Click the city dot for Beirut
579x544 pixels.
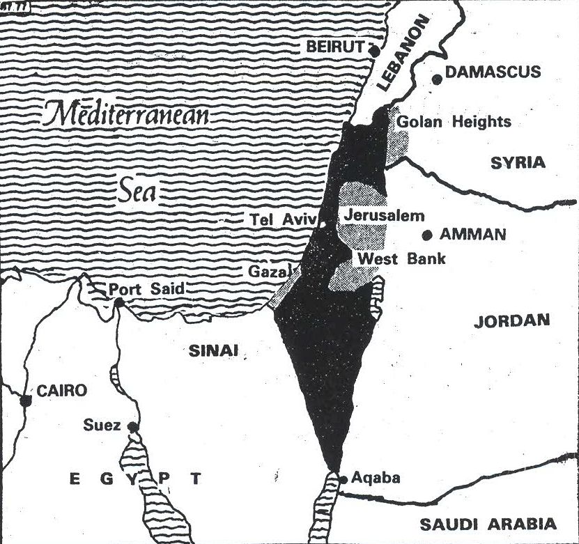point(375,50)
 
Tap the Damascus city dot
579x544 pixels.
point(437,79)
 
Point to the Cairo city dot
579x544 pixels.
point(26,401)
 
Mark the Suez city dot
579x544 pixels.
point(132,426)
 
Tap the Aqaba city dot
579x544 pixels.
point(342,479)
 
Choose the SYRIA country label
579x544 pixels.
point(518,162)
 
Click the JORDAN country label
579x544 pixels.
point(512,321)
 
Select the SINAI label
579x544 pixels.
point(213,351)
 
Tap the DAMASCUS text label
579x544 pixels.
point(493,72)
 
